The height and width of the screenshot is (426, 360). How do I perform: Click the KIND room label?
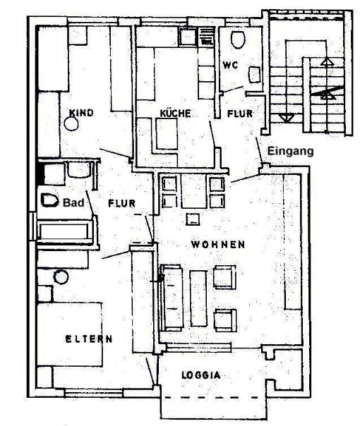tap(81, 113)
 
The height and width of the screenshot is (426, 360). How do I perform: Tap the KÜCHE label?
tap(175, 113)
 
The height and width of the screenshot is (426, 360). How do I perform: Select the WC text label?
tap(230, 65)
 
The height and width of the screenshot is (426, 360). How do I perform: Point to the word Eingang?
tap(290, 151)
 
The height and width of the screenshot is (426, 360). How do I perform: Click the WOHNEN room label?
tap(218, 245)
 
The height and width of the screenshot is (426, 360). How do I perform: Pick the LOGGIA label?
tap(201, 375)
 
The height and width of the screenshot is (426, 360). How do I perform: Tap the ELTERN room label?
tap(89, 339)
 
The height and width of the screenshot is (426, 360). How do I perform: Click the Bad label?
tap(73, 202)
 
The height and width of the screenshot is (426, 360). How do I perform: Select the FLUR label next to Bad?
tap(121, 203)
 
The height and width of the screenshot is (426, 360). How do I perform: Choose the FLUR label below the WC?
tap(240, 114)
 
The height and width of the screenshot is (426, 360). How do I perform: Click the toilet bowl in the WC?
tap(238, 39)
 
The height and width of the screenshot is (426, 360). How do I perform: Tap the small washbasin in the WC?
tap(255, 75)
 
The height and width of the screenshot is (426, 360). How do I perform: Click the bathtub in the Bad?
tap(64, 232)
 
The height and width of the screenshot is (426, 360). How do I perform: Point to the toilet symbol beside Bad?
tap(49, 200)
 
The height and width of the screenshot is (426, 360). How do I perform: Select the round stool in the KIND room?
tap(71, 124)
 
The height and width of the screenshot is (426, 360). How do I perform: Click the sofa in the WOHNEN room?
tap(172, 298)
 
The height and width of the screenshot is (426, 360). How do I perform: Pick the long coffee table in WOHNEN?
tap(198, 298)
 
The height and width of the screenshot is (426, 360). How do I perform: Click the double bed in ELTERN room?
tap(70, 334)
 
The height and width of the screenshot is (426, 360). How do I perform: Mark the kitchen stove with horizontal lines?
tap(206, 37)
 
